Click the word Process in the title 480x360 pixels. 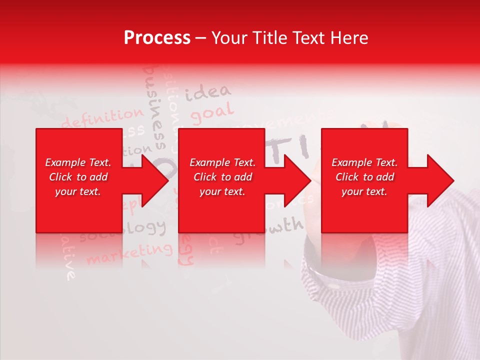[x=157, y=38]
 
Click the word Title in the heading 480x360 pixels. [x=270, y=38]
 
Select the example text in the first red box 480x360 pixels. [x=78, y=177]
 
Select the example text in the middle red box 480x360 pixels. [x=222, y=177]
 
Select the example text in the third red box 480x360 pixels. [x=364, y=177]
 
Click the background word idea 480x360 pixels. [x=208, y=92]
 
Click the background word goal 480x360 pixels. [x=212, y=113]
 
